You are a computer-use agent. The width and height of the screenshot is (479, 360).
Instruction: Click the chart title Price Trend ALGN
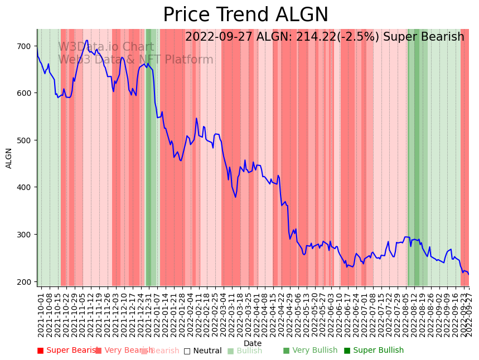pyautogui.click(x=245, y=15)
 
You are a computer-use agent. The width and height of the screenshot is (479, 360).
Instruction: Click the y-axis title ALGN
pyautogui.click(x=9, y=158)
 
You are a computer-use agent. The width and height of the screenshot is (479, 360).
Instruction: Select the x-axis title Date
pyautogui.click(x=253, y=344)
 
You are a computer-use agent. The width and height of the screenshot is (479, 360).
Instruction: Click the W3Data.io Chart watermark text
pyautogui.click(x=106, y=47)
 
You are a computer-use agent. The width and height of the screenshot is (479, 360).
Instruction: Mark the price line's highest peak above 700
pyautogui.click(x=87, y=40)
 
